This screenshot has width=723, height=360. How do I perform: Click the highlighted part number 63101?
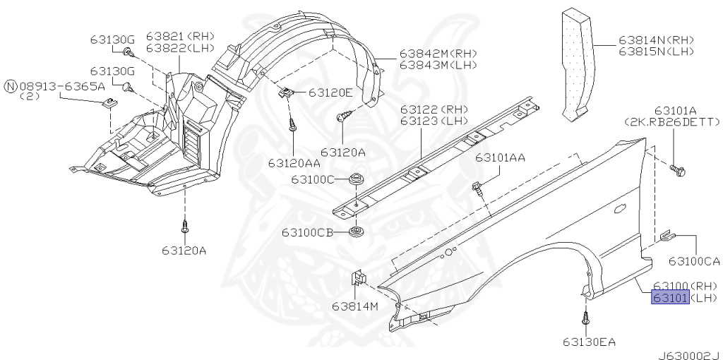(x=670, y=298)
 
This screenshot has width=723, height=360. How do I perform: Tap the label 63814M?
(x=355, y=306)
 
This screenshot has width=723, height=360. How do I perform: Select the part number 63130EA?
(x=589, y=342)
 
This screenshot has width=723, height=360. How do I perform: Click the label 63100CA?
(x=694, y=261)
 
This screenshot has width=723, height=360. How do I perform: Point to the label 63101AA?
(x=501, y=158)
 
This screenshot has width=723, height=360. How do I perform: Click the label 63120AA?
(x=294, y=163)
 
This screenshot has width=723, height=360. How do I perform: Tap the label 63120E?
(x=330, y=92)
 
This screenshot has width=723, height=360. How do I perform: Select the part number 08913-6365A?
(x=62, y=86)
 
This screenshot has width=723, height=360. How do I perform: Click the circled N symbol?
(x=11, y=86)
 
